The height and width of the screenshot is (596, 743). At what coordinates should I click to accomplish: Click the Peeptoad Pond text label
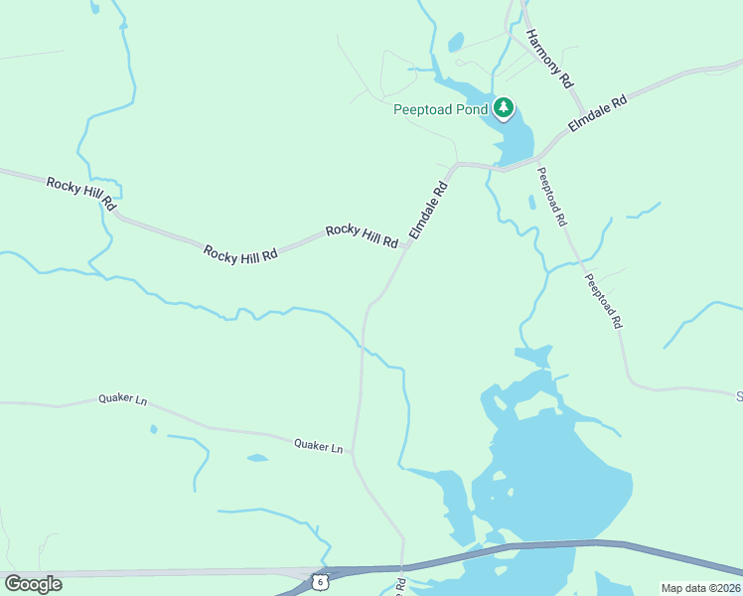tap(440, 108)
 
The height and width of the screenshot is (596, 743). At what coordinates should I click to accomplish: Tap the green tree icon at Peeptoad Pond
tap(505, 107)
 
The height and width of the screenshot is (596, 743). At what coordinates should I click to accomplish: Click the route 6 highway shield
tap(318, 580)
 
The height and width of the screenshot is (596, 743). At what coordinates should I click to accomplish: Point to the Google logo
tap(33, 584)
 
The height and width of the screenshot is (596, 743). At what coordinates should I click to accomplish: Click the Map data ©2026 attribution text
tap(700, 588)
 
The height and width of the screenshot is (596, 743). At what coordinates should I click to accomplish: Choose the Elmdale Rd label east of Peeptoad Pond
tap(598, 113)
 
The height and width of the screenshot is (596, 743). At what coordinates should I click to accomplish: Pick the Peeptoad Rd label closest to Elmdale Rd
tap(551, 195)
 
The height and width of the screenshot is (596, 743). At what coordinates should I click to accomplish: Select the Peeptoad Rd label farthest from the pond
tap(604, 301)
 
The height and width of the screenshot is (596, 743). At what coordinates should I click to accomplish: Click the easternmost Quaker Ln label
tap(318, 446)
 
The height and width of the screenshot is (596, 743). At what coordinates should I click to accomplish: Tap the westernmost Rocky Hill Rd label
tap(81, 196)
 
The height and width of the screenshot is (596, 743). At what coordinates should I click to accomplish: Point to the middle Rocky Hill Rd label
tap(240, 254)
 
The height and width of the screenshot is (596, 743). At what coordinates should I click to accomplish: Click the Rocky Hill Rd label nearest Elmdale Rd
tap(362, 235)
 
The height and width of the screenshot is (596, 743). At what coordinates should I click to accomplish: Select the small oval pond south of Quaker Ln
tap(257, 458)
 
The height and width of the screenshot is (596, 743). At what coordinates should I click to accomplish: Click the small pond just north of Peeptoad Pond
tap(456, 42)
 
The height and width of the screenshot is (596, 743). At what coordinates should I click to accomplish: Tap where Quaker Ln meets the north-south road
tap(354, 453)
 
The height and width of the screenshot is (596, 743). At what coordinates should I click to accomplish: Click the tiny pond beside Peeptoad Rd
tap(532, 203)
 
